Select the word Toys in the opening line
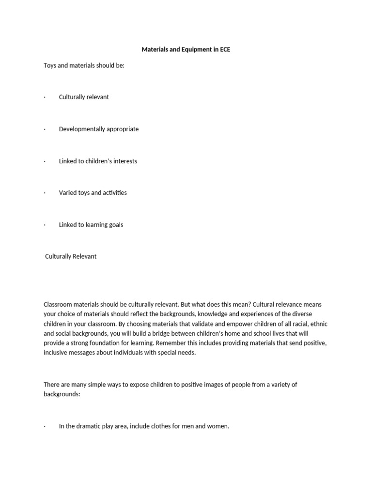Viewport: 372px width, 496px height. pos(50,65)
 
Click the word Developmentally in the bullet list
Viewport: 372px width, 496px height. pos(81,129)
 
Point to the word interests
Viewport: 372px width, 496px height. pos(125,161)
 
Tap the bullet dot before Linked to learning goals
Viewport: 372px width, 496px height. pos(45,225)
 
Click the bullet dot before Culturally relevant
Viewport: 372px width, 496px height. pos(45,97)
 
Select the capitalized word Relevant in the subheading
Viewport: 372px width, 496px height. pos(84,256)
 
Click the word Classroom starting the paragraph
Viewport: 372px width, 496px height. pos(58,305)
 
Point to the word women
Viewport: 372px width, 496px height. pos(217,427)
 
